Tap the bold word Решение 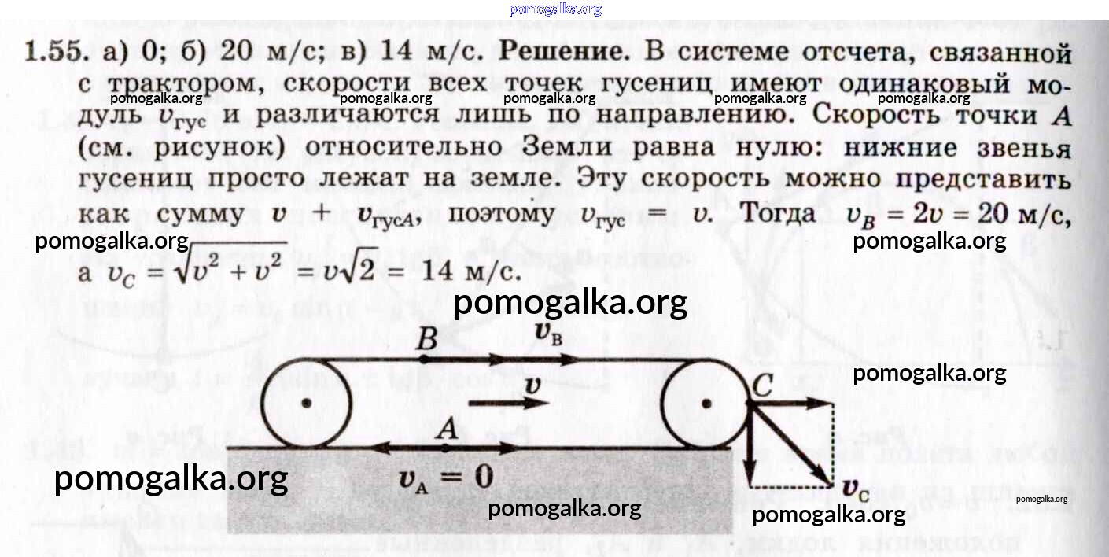(565, 51)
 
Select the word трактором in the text (186, 84)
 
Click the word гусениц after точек (656, 83)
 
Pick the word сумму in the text (201, 215)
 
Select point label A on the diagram (447, 429)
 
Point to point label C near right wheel (762, 385)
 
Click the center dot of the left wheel (307, 403)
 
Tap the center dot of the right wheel (706, 404)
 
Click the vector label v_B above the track (548, 333)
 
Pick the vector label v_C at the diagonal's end (856, 489)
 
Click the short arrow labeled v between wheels (508, 403)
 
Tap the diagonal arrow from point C (790, 444)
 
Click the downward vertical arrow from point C (750, 444)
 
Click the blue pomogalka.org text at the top (555, 9)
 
